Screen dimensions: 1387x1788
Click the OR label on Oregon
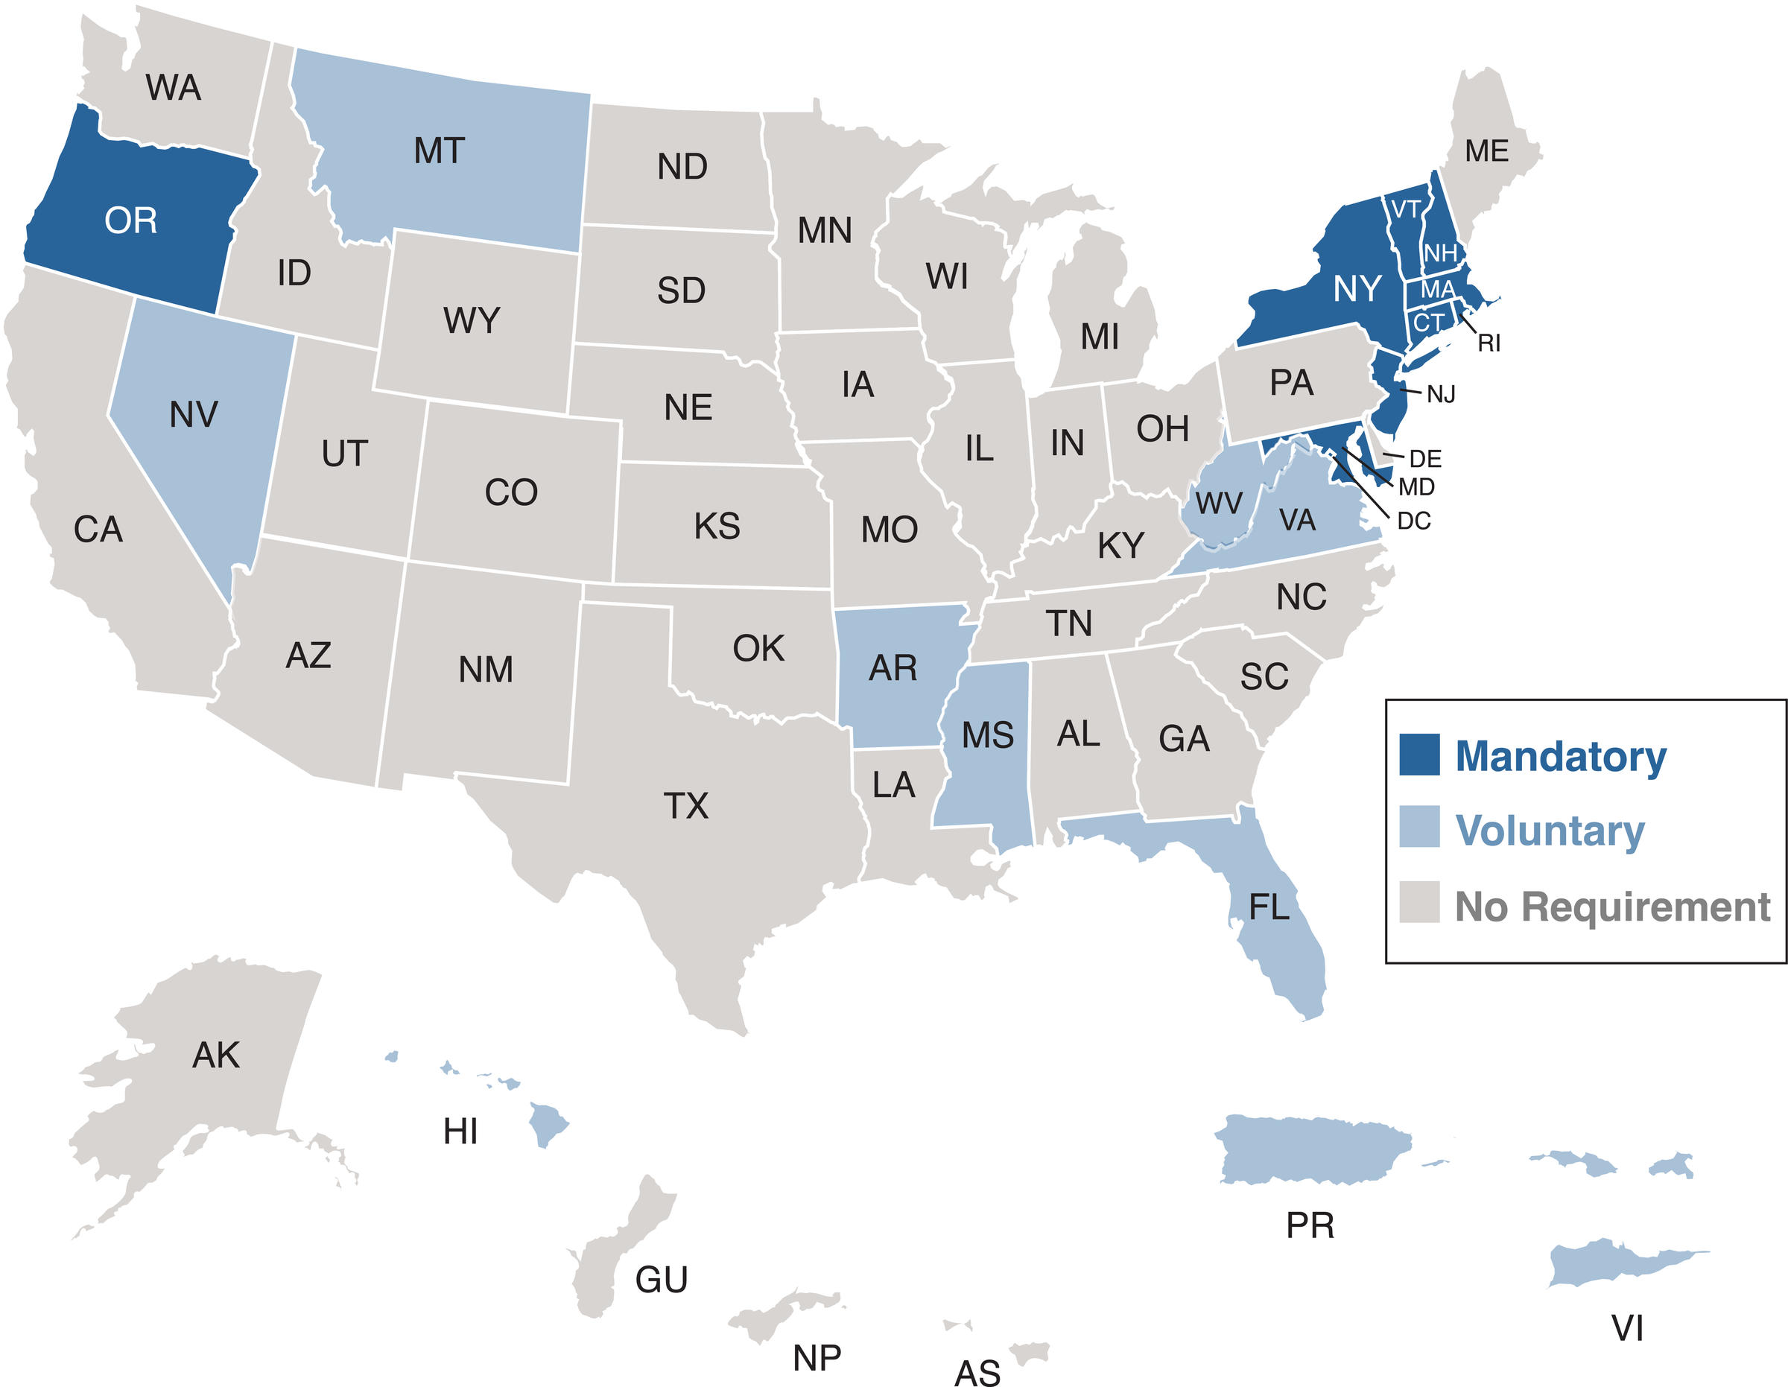[130, 221]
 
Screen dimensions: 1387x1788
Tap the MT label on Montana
[439, 151]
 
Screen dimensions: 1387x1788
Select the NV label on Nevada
[193, 415]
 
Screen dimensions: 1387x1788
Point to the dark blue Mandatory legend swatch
[1418, 754]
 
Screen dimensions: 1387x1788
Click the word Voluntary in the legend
[1549, 831]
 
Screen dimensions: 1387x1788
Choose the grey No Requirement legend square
[1418, 901]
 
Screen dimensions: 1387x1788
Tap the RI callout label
[1489, 344]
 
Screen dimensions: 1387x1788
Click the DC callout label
[1413, 521]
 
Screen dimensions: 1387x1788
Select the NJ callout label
[1441, 395]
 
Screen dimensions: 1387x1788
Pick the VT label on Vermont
[1406, 210]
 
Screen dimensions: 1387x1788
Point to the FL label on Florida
[1269, 907]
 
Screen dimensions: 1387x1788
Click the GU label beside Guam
[662, 1280]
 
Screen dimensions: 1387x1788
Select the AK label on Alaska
[216, 1056]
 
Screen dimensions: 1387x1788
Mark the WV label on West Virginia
[1218, 504]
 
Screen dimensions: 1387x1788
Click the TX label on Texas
[686, 807]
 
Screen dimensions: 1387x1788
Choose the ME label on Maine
[1487, 151]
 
